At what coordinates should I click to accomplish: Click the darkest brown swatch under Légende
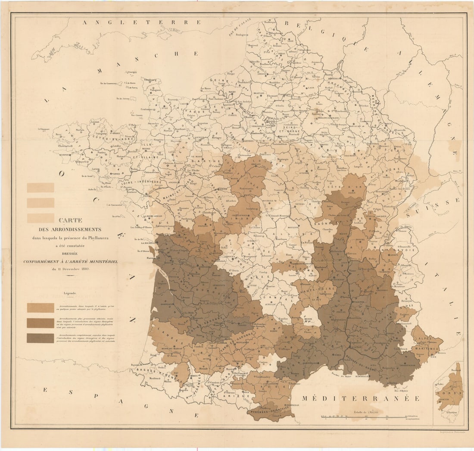click(x=41, y=338)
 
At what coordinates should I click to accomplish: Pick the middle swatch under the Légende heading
click(x=41, y=323)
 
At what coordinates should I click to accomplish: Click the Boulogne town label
click(x=241, y=34)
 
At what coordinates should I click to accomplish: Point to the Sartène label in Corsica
click(x=452, y=413)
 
